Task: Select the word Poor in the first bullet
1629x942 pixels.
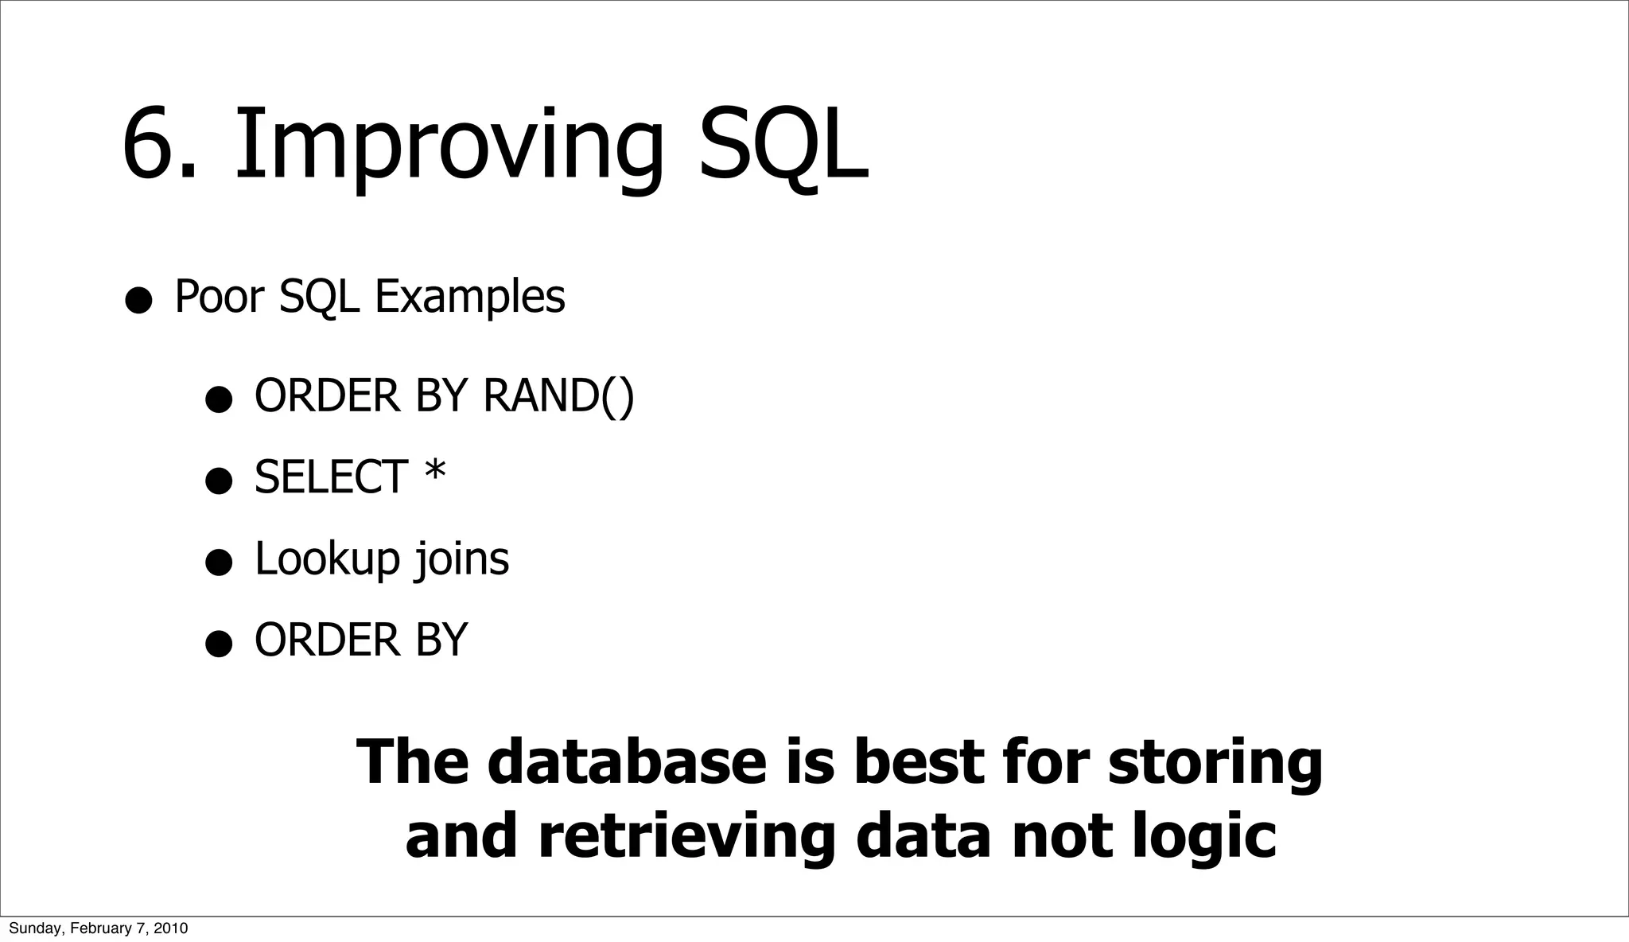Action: [x=218, y=297]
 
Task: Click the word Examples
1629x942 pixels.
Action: [x=469, y=297]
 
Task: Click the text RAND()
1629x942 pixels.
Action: [x=558, y=395]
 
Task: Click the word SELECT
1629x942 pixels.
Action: [x=331, y=477]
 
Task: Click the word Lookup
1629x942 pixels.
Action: [x=327, y=559]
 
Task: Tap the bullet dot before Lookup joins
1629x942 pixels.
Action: [x=218, y=563]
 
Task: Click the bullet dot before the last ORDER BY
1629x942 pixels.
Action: [x=218, y=644]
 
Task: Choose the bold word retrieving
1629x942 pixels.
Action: [x=686, y=836]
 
